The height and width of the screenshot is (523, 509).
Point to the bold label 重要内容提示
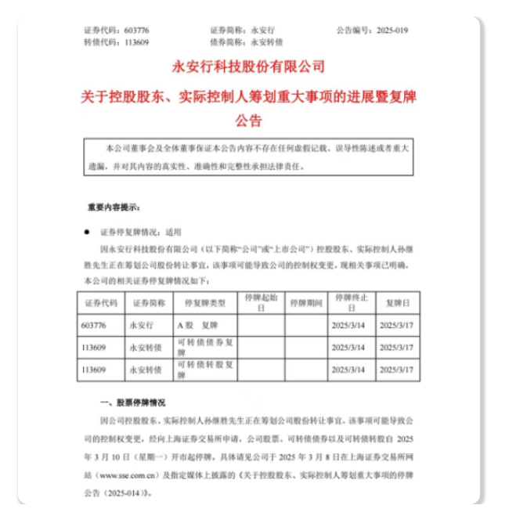[x=112, y=207]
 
